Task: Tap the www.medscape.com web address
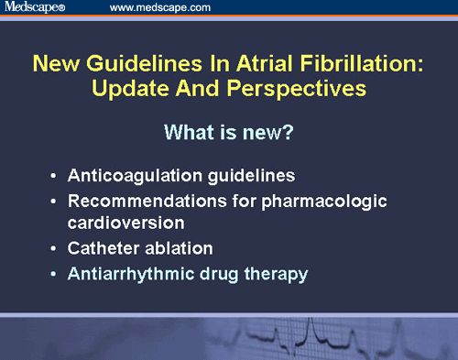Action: (x=161, y=7)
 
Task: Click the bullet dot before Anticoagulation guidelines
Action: (x=57, y=175)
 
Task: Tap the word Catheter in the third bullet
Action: (x=103, y=247)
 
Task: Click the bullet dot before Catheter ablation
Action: (x=57, y=248)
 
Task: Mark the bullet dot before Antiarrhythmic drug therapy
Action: (x=57, y=273)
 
